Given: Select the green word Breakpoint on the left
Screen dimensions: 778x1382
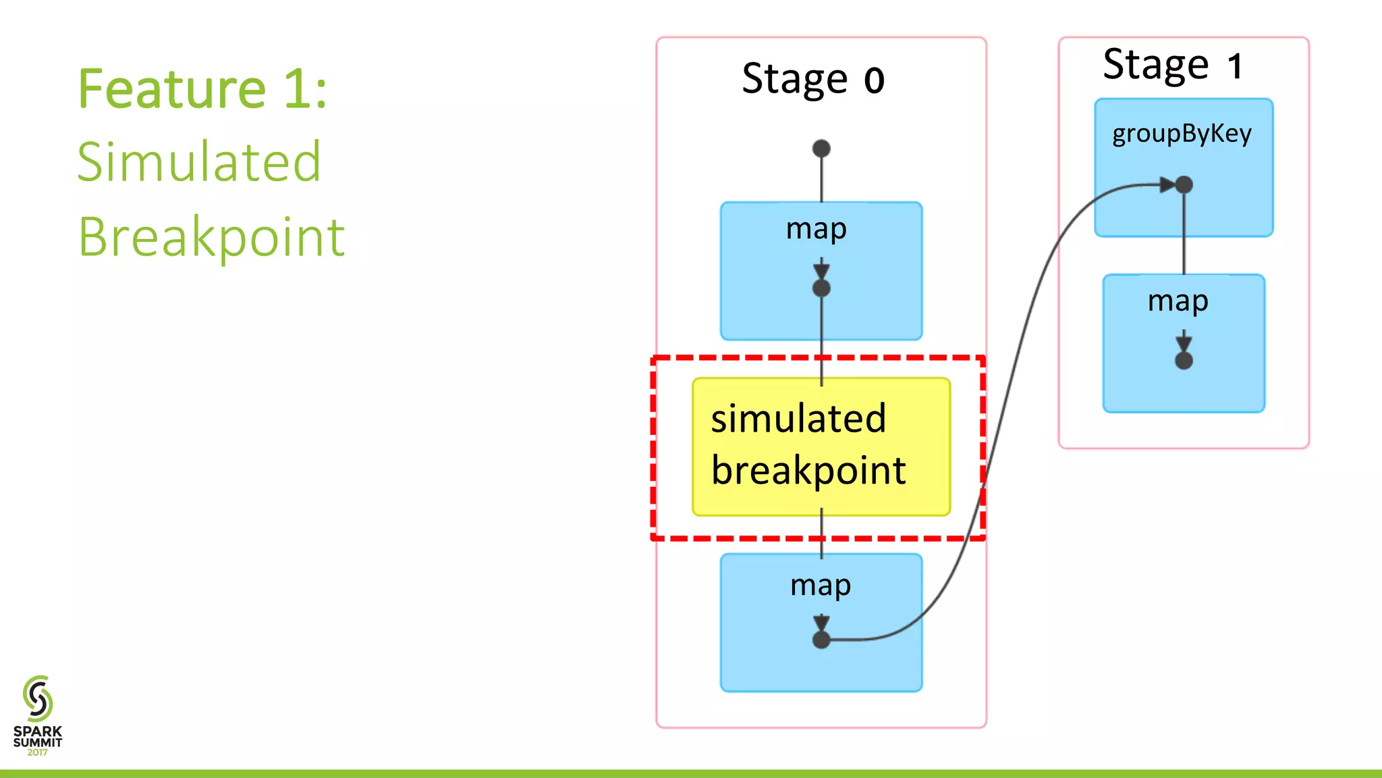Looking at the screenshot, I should click(x=212, y=237).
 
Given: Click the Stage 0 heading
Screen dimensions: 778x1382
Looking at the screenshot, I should click(x=812, y=80).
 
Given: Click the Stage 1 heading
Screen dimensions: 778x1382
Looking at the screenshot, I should click(x=1172, y=66).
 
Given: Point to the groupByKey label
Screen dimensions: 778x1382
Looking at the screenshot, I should click(x=1182, y=134).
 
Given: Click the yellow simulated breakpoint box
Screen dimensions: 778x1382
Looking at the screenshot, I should click(x=821, y=446).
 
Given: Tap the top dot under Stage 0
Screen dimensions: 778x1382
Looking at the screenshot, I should click(x=821, y=149).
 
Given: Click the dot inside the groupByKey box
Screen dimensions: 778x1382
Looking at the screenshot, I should click(x=1184, y=184).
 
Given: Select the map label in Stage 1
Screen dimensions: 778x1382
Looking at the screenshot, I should click(x=1178, y=301).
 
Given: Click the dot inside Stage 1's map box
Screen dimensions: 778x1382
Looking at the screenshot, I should click(x=1184, y=361).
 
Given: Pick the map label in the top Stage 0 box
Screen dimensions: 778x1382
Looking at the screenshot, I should click(x=816, y=230).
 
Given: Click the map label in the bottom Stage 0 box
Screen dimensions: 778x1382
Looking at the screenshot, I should click(x=820, y=586).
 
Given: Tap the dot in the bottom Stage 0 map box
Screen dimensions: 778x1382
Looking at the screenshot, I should click(x=821, y=640).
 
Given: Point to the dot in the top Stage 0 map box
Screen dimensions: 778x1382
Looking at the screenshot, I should click(x=821, y=288).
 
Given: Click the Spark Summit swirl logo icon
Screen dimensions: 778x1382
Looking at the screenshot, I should click(x=38, y=698).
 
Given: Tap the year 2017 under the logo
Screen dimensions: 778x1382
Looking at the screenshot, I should click(x=37, y=752).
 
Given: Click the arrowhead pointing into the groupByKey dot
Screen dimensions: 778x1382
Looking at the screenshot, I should click(x=1167, y=184).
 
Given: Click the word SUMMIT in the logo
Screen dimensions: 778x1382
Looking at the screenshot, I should click(x=38, y=742).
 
